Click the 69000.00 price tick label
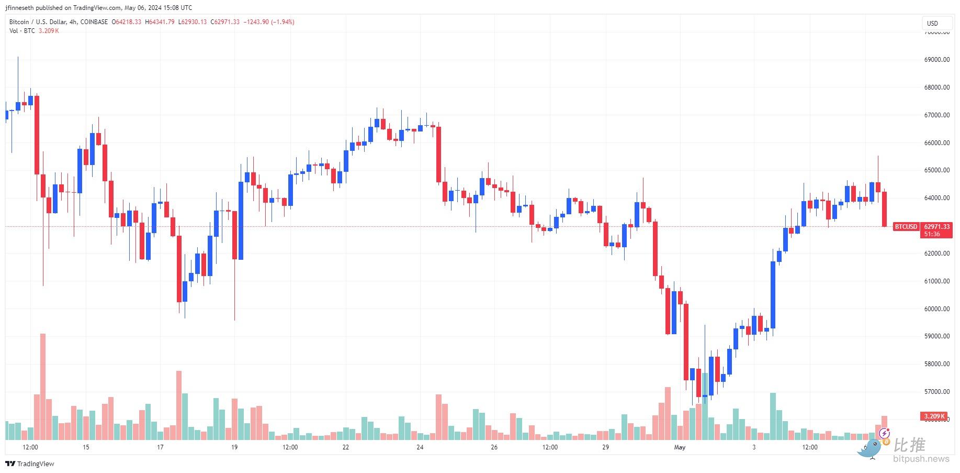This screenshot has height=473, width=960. tap(936, 60)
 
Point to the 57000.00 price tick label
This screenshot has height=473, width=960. tap(936, 392)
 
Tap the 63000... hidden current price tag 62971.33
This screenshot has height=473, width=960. tap(936, 227)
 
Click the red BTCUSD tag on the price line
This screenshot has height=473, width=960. tap(906, 227)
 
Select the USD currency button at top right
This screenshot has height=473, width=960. tap(932, 23)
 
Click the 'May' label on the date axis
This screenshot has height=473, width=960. tap(680, 447)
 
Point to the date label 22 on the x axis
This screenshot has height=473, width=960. tap(345, 447)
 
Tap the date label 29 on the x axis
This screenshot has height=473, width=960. tap(605, 447)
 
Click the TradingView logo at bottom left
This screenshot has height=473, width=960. tap(30, 464)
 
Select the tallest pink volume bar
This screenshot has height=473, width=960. tap(43, 387)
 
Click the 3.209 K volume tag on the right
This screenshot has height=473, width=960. tap(934, 417)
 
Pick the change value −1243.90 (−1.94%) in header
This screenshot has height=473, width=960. tap(268, 22)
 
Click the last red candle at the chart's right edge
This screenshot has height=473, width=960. tap(885, 209)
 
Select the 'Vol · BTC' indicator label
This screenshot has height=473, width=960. tap(22, 31)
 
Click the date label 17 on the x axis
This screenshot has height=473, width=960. tap(160, 447)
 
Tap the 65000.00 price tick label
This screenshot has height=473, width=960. tap(936, 170)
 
